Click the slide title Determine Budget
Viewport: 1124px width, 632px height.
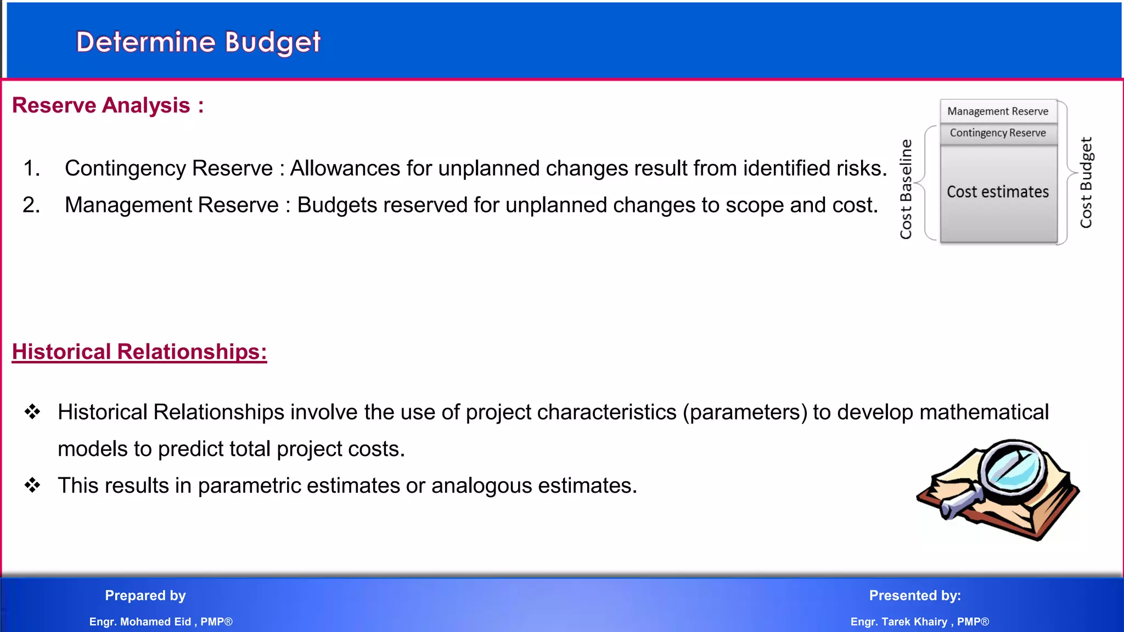coord(198,42)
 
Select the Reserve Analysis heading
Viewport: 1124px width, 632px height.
coord(108,105)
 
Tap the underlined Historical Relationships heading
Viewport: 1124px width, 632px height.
coord(139,352)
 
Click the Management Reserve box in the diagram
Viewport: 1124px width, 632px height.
coord(998,111)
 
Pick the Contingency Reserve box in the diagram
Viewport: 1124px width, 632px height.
coord(998,133)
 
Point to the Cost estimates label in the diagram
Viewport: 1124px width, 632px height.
coord(998,192)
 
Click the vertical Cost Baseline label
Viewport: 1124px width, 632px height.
coord(906,189)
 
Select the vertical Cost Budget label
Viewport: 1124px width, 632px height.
coord(1086,183)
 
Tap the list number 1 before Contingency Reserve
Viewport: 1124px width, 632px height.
coord(31,168)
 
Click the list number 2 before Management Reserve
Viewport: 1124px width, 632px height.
coord(31,205)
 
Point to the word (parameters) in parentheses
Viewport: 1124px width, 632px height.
coord(745,413)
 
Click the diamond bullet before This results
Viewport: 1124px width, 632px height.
coord(32,486)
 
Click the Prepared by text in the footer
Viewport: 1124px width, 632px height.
coord(145,596)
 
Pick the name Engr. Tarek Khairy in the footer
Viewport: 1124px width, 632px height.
coord(899,622)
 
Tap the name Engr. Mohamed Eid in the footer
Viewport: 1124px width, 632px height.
coord(140,622)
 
